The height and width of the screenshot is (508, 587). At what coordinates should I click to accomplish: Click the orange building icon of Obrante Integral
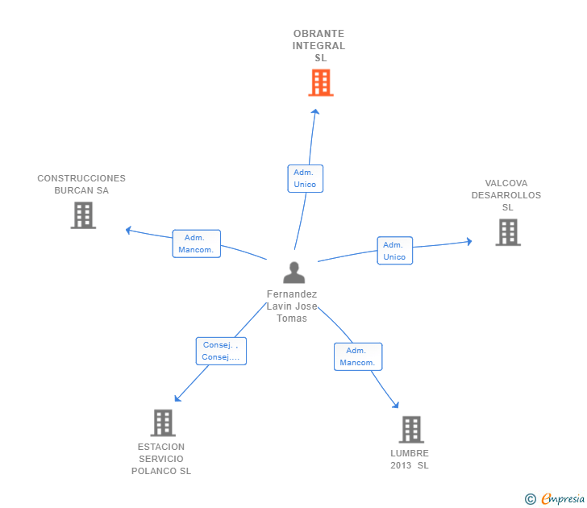coord(321,82)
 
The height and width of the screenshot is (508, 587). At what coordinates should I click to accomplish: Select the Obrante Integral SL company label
coord(319,46)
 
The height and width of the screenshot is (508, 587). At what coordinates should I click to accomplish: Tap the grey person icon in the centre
coord(294,273)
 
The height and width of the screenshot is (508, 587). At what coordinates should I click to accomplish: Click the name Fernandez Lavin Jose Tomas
coord(292,306)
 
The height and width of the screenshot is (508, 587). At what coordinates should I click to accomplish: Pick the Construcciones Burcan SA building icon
coord(83,215)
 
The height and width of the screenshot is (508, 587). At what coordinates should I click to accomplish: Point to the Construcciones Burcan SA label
coord(81,185)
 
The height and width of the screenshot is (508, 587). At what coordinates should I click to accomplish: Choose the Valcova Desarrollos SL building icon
coord(508,232)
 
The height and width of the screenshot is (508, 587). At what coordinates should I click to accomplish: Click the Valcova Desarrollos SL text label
coord(506,195)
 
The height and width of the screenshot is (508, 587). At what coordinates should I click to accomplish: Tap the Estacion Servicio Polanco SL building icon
coord(163,423)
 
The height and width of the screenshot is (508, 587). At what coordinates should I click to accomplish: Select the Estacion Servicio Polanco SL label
coord(161,459)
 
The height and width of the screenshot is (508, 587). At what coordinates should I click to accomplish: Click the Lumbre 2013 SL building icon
coord(411,430)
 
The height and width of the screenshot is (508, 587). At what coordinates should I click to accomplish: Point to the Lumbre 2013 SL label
coord(410,459)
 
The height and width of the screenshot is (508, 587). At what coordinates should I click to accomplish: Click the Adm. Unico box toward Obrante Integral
coord(305,178)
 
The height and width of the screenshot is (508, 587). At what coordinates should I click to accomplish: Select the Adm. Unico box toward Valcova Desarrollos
coord(394,251)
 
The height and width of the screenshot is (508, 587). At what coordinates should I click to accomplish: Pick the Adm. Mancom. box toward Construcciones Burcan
coord(196,244)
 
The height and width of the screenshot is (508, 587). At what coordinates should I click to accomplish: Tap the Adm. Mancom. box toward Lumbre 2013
coord(358,356)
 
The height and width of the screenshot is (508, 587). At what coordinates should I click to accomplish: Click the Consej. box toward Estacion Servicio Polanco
coord(220,351)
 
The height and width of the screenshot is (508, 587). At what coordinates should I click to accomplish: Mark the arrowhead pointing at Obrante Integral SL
coord(315,114)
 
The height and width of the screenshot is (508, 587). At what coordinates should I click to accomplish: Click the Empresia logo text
coord(563,499)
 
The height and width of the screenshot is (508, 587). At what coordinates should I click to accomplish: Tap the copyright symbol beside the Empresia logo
coord(530,500)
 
